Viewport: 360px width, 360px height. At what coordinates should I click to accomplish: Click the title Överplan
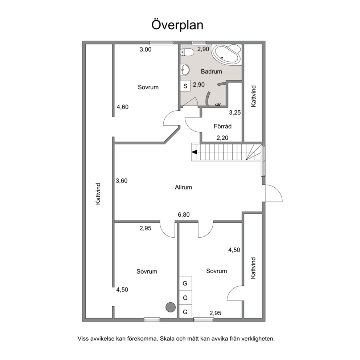tap(177, 25)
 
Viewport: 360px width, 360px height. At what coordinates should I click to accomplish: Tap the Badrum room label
tap(212, 71)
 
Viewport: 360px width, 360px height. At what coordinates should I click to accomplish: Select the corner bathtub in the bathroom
tap(226, 54)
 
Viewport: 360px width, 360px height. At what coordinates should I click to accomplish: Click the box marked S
tap(185, 86)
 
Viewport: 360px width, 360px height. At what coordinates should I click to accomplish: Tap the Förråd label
tap(223, 126)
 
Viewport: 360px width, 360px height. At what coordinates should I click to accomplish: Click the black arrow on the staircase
tap(195, 152)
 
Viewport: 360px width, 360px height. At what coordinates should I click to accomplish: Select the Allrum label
tap(183, 187)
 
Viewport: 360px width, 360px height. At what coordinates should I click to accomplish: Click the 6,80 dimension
tap(184, 215)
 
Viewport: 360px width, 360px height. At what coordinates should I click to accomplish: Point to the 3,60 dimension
tap(122, 181)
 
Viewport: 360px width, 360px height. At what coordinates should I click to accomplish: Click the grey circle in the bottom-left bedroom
tap(171, 307)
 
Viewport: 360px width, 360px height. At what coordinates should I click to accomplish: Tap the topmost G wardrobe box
tap(185, 283)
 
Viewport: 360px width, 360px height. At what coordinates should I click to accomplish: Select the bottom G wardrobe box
tap(185, 312)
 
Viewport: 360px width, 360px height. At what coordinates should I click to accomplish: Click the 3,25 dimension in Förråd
tap(235, 112)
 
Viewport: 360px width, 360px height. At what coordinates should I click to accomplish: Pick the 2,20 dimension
tap(222, 138)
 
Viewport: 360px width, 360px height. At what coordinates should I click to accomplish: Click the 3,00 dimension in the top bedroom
tap(146, 50)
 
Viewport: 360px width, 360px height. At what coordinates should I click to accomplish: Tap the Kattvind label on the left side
tap(98, 194)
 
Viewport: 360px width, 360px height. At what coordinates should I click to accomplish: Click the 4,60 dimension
tap(123, 107)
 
